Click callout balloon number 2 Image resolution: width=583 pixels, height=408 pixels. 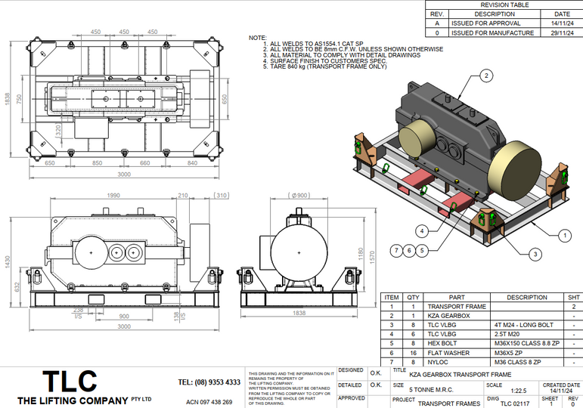point(486,75)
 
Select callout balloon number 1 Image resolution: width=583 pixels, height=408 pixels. point(563,235)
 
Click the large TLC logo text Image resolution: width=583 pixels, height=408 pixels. point(69,380)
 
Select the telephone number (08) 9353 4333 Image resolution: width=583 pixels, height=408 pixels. point(210,382)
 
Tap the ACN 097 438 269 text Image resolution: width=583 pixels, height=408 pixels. point(209,402)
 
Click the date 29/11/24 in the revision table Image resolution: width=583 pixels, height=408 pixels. point(562,33)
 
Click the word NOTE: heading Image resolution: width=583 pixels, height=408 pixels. point(258,38)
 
